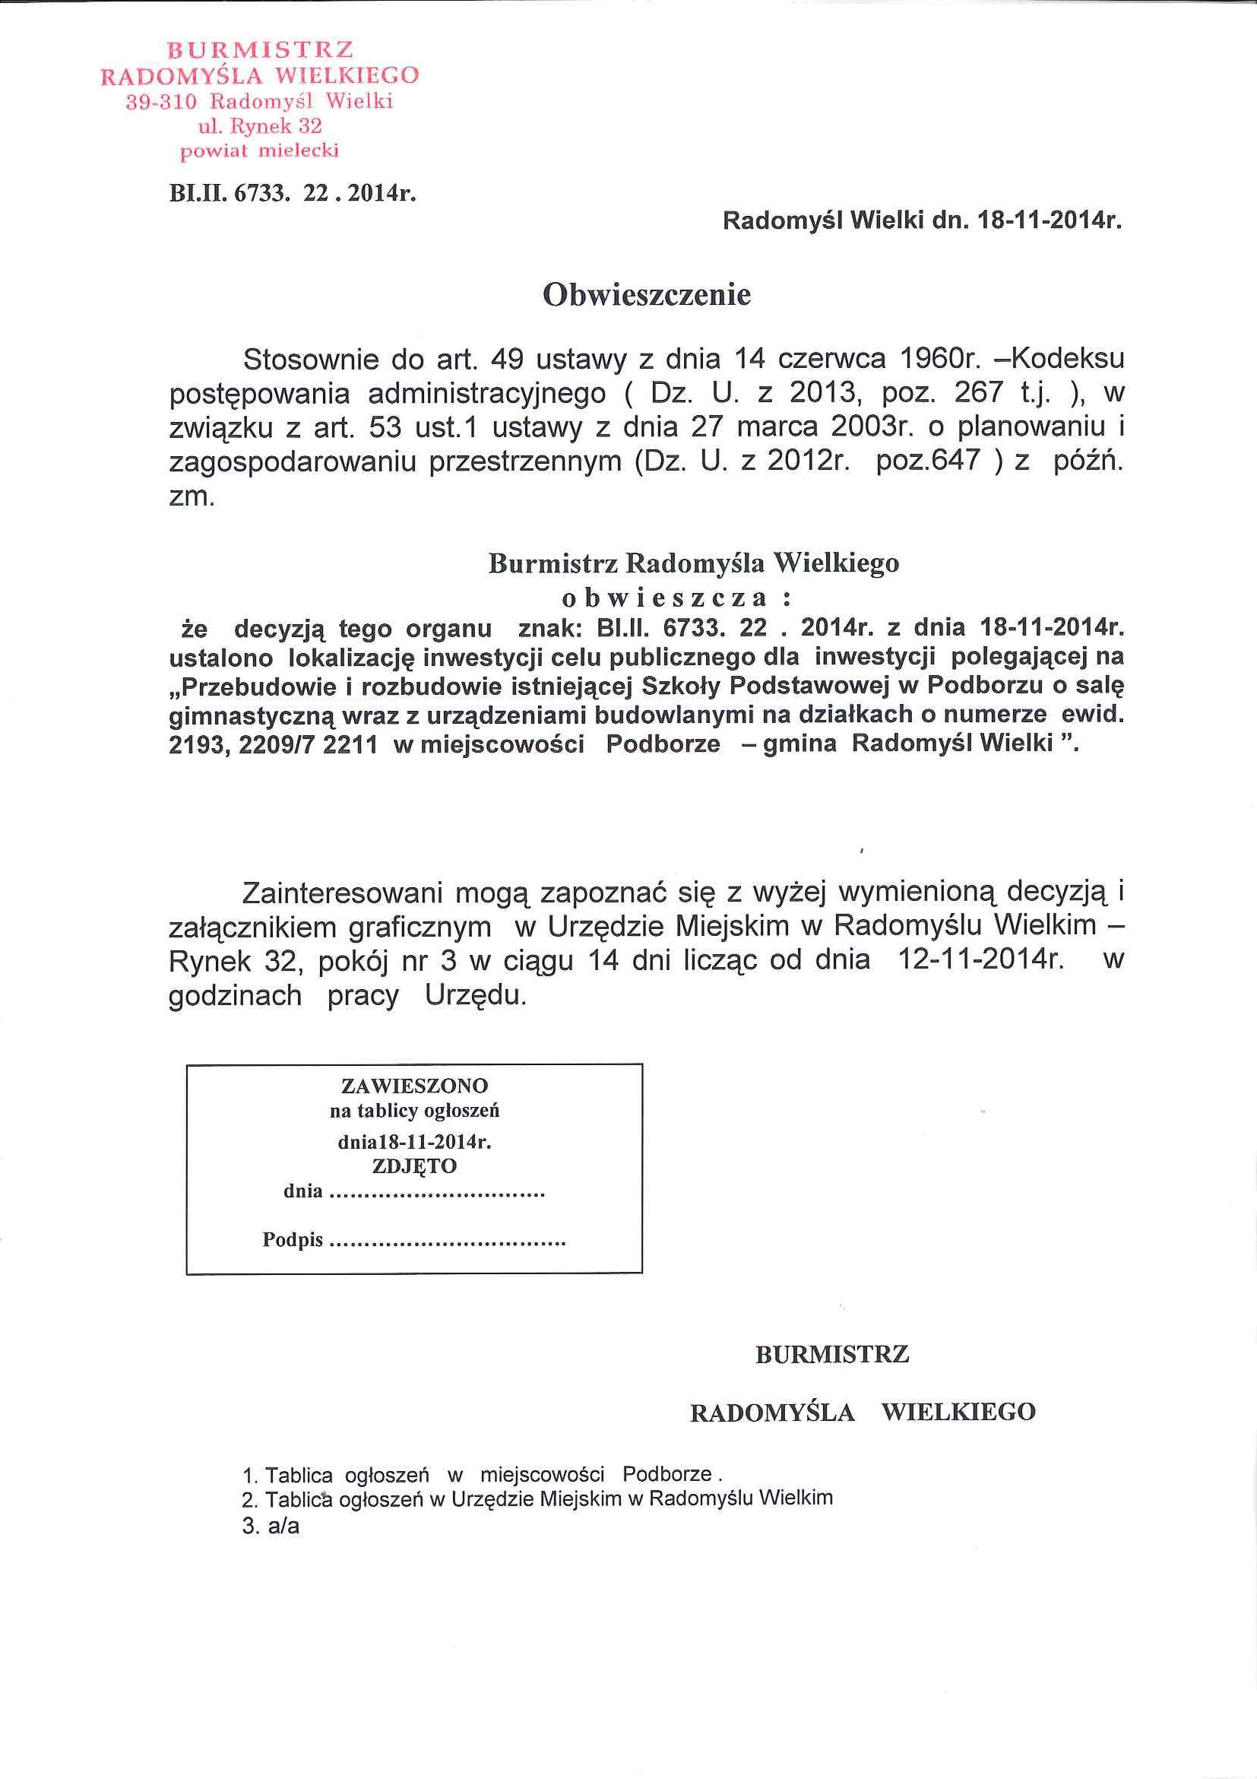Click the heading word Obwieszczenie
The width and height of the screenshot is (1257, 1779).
click(x=647, y=295)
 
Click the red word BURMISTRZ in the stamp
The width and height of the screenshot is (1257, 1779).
click(x=261, y=50)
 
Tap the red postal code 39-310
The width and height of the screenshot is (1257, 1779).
click(x=164, y=102)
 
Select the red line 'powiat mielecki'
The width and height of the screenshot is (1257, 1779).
click(x=259, y=152)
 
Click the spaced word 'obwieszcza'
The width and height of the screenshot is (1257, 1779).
click(x=664, y=598)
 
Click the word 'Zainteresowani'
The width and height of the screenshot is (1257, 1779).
click(x=343, y=893)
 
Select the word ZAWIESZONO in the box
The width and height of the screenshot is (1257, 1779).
click(x=414, y=1086)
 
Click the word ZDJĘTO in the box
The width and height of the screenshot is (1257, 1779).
click(x=414, y=1165)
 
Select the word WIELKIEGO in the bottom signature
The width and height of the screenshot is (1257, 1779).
click(x=958, y=1412)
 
